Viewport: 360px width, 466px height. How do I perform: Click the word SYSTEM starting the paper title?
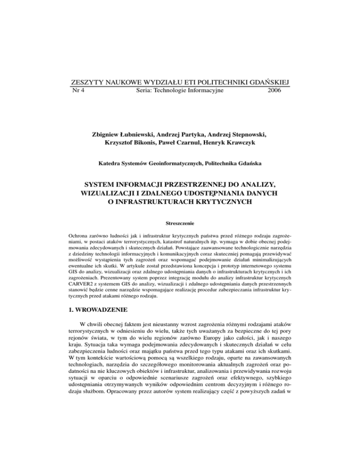click(109, 187)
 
